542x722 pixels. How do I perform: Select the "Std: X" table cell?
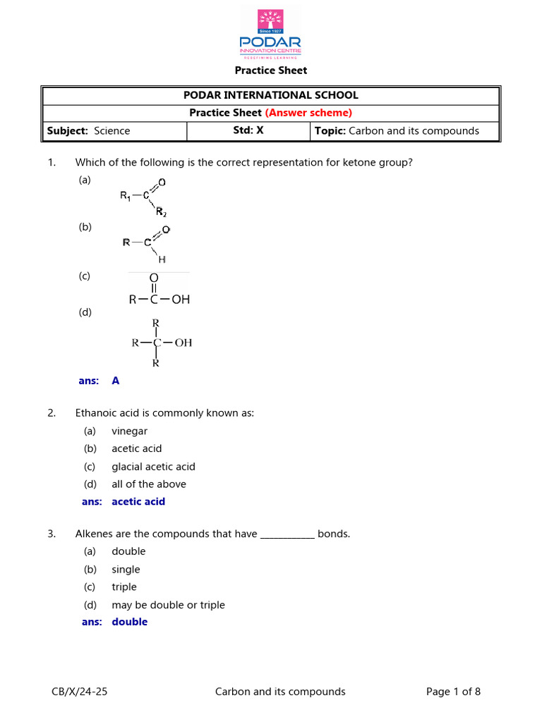click(x=248, y=130)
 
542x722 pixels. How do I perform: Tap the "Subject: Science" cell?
click(x=88, y=130)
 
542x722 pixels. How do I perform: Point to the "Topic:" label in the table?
click(x=330, y=130)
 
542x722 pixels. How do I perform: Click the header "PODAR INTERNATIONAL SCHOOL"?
click(x=270, y=95)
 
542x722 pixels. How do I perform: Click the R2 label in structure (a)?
click(x=161, y=212)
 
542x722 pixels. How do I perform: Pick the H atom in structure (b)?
click(x=162, y=259)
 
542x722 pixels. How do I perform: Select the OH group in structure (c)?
click(x=181, y=300)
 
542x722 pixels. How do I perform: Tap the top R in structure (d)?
click(x=156, y=323)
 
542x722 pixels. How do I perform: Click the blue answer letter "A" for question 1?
click(x=116, y=381)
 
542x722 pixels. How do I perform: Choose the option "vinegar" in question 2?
click(x=129, y=431)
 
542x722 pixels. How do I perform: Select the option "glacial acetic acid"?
click(x=153, y=467)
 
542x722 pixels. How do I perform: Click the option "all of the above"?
click(x=148, y=484)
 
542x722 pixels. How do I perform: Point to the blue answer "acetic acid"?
click(x=138, y=501)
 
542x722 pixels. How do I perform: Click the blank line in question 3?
click(x=287, y=534)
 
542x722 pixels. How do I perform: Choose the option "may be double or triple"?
click(x=168, y=605)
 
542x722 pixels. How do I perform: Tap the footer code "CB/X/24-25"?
click(x=80, y=692)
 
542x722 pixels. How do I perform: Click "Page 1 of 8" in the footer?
click(x=453, y=692)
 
